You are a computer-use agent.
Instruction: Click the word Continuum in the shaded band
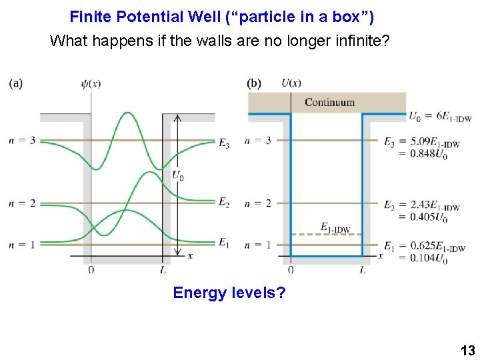pyautogui.click(x=329, y=102)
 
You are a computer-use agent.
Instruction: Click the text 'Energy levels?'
pyautogui.click(x=229, y=292)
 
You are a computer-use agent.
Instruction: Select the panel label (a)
pyautogui.click(x=16, y=83)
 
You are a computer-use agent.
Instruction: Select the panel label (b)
pyautogui.click(x=253, y=83)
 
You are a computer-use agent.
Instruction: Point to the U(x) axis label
pyautogui.click(x=291, y=83)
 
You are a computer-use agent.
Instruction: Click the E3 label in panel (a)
pyautogui.click(x=224, y=143)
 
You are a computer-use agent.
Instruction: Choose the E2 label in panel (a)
pyautogui.click(x=224, y=202)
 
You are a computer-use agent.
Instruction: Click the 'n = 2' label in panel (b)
pyautogui.click(x=258, y=203)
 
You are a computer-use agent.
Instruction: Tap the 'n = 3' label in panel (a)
pyautogui.click(x=22, y=140)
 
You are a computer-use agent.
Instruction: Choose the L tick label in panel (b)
pyautogui.click(x=363, y=270)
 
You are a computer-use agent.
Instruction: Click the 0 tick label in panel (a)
pyautogui.click(x=91, y=270)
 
